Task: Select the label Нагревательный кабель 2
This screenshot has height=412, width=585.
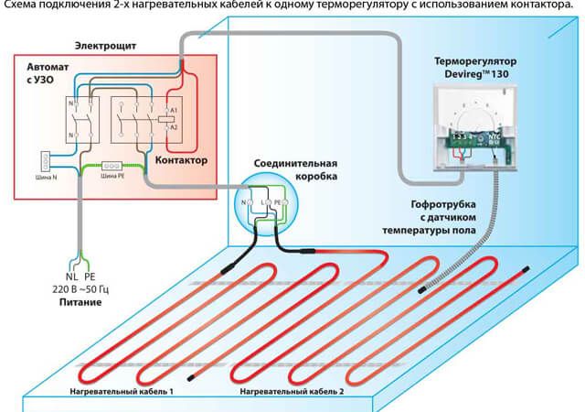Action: [292, 391]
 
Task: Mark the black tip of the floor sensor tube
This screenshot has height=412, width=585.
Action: [423, 291]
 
